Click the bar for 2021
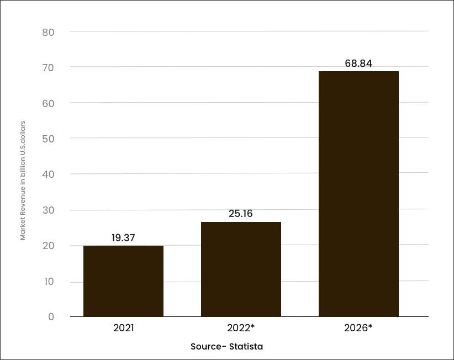[123, 281]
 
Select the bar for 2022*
[241, 269]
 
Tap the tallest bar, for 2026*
[359, 194]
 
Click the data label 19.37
[123, 238]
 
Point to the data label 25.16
[241, 214]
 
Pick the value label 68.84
[358, 63]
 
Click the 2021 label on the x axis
[124, 328]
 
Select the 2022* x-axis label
[241, 328]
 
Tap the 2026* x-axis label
[358, 328]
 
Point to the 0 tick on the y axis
[51, 316]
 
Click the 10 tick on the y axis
[49, 281]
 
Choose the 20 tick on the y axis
[49, 246]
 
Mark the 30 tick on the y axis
[49, 210]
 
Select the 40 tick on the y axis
[49, 174]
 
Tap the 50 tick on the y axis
[49, 139]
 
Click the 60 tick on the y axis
[49, 103]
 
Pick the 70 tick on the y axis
[49, 68]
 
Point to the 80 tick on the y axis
[49, 32]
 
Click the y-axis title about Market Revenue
[23, 181]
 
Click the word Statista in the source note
[246, 346]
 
